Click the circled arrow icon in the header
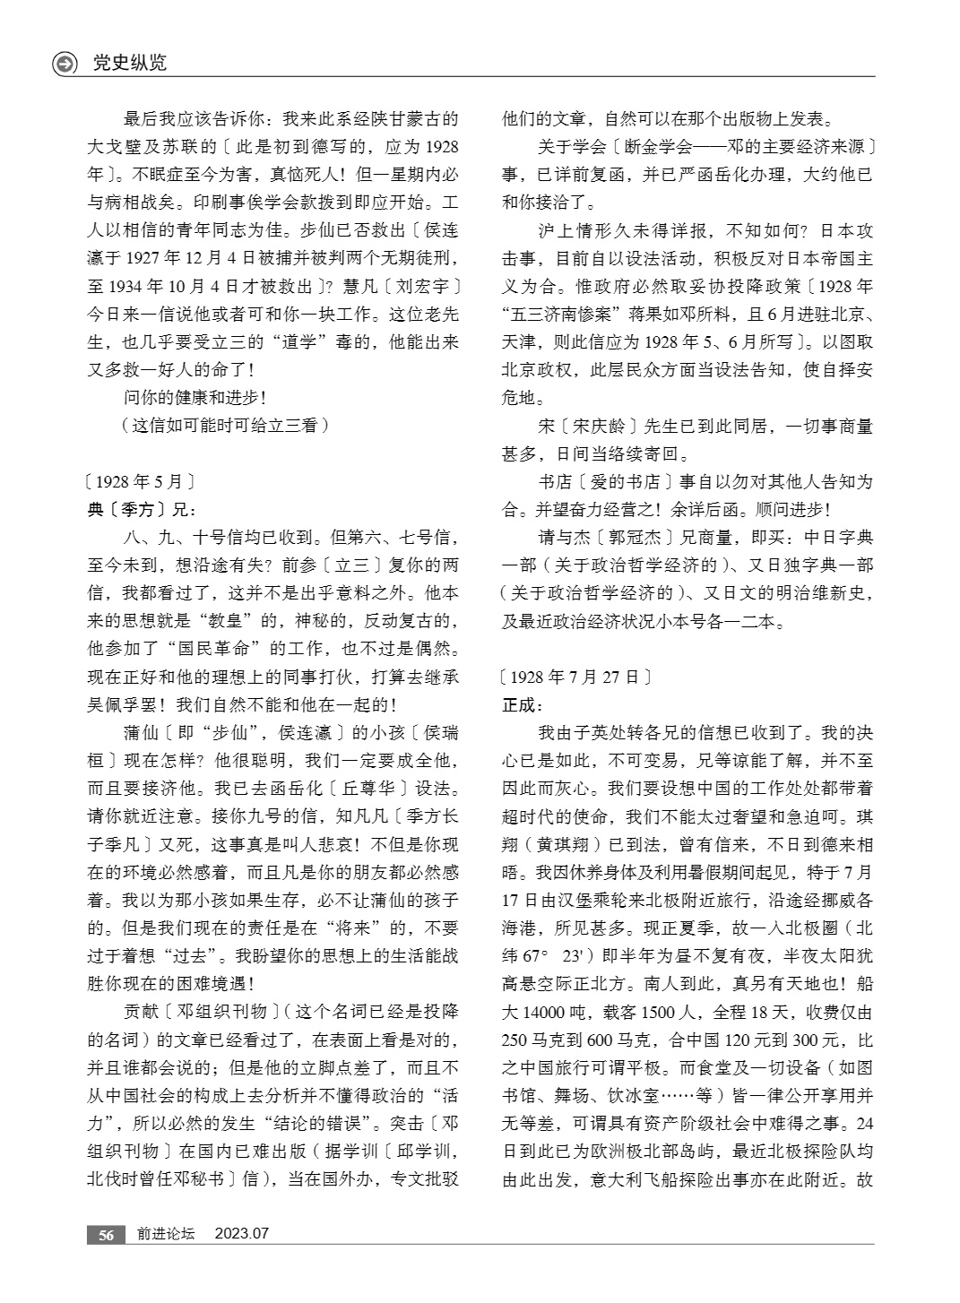pyautogui.click(x=65, y=64)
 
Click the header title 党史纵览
pyautogui.click(x=130, y=64)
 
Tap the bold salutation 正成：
pyautogui.click(x=523, y=705)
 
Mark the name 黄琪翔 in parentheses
pyautogui.click(x=568, y=843)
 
